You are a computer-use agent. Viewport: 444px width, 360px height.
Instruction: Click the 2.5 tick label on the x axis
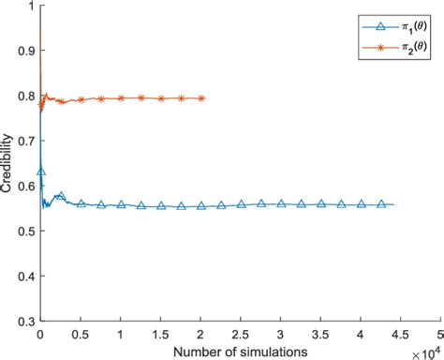tap(241, 334)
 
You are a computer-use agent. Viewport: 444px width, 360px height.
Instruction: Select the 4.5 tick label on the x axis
tap(401, 334)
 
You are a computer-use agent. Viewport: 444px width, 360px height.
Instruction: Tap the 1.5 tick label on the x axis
tap(160, 334)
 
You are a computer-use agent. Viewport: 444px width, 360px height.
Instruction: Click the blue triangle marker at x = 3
tap(281, 203)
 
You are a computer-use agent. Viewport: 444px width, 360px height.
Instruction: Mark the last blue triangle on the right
tap(381, 203)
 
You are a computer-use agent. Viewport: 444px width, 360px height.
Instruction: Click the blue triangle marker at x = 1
tap(121, 203)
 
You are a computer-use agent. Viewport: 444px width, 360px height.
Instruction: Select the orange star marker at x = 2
tap(201, 98)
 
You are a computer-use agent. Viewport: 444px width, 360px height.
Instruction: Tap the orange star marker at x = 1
tap(121, 98)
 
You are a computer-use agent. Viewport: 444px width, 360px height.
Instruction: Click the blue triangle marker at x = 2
tap(201, 205)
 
